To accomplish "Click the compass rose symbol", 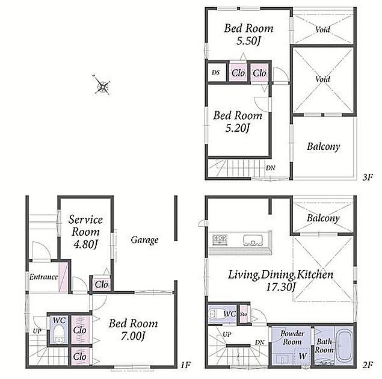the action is pos(102,85).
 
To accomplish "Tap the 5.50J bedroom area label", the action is pos(248,41).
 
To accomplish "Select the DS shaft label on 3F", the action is pos(215,72).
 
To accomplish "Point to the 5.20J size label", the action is pos(237,128).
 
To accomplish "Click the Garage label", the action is pos(144,240).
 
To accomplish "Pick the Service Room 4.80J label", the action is pos(85,232).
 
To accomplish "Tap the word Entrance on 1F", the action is pos(43,277).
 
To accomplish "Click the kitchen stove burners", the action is pos(220,239).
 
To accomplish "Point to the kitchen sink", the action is pos(253,240).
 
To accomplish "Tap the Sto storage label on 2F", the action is pos(244,314).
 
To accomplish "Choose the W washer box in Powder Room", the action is pos(302,356).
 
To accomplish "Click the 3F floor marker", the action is pos(368,177).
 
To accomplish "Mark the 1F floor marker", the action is pos(185,365).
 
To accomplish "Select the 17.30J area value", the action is pos(280,287).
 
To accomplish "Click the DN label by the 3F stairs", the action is pos(271,168).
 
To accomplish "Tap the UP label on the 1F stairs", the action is pos(37,331).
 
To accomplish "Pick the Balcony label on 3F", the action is pos(323,147).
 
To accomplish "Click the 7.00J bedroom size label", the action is pos(133,336).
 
